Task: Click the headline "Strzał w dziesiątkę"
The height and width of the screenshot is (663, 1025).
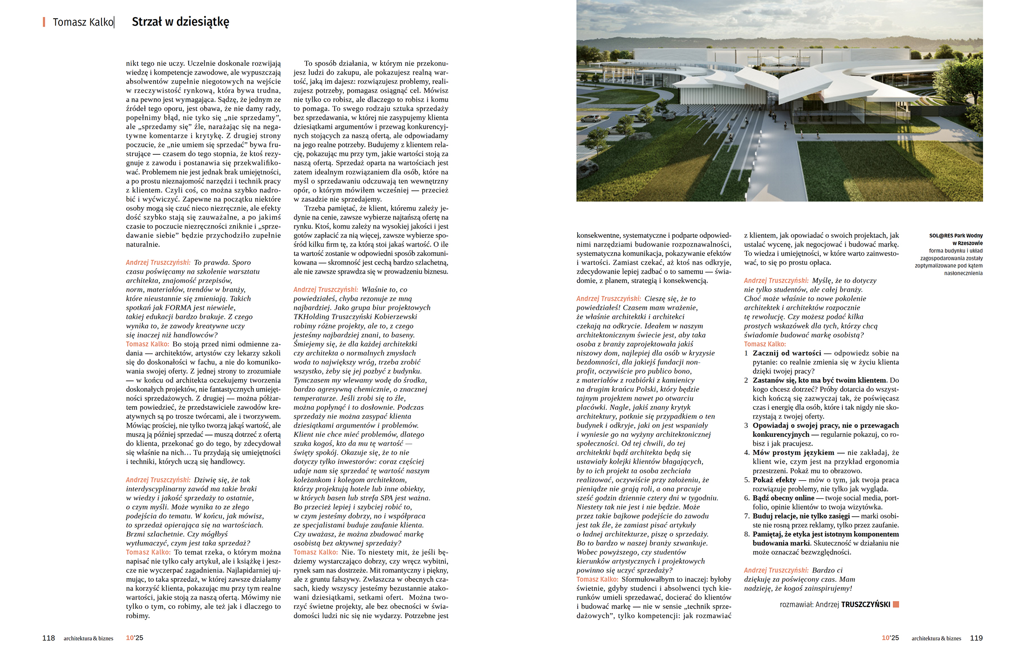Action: pyautogui.click(x=180, y=22)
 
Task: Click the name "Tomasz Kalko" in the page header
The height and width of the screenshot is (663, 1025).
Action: pyautogui.click(x=83, y=22)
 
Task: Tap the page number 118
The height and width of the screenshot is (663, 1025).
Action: pyautogui.click(x=48, y=638)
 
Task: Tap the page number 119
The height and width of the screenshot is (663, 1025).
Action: pyautogui.click(x=976, y=638)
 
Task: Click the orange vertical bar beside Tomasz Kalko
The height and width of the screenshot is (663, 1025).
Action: pyautogui.click(x=44, y=22)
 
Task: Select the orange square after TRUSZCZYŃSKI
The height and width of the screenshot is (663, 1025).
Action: pyautogui.click(x=895, y=604)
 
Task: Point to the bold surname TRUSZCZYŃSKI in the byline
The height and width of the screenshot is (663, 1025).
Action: pyautogui.click(x=866, y=605)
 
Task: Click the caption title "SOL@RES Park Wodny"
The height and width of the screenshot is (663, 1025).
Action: pyautogui.click(x=956, y=236)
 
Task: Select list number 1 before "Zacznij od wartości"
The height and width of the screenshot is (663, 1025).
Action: pyautogui.click(x=746, y=353)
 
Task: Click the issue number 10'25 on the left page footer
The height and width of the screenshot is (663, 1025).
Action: pyautogui.click(x=134, y=638)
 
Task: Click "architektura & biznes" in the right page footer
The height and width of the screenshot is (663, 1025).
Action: pyautogui.click(x=936, y=638)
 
